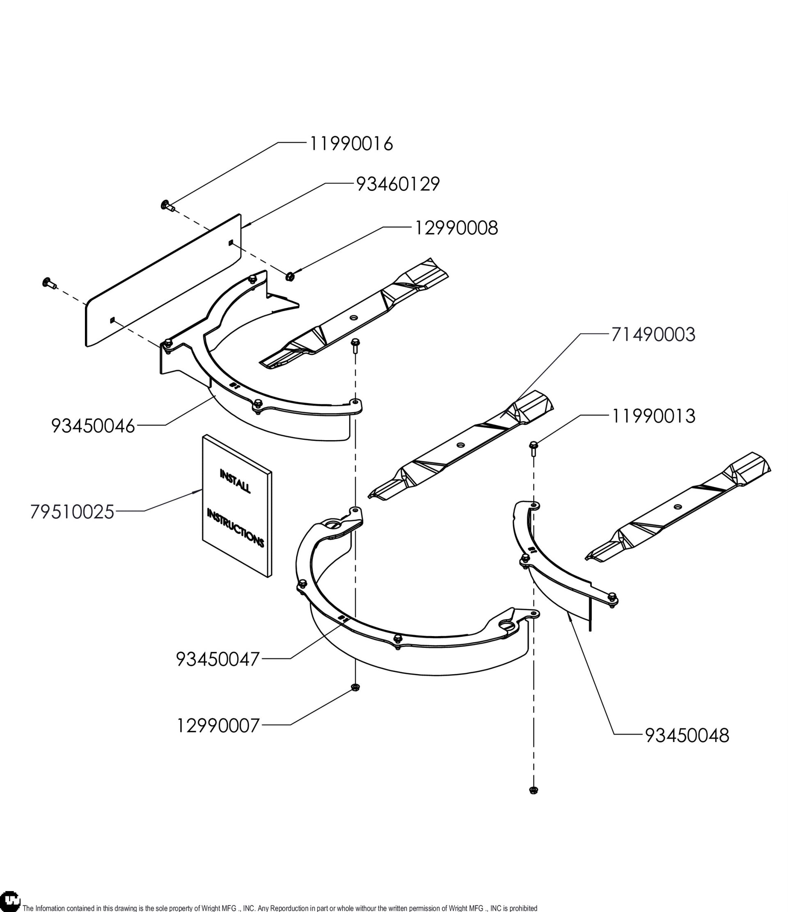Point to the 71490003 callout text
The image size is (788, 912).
(x=653, y=335)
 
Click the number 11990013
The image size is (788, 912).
(x=653, y=416)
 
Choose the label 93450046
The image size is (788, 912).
(x=93, y=426)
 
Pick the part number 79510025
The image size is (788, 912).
(x=73, y=512)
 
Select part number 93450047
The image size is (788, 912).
(x=218, y=659)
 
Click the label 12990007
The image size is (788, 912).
(x=218, y=726)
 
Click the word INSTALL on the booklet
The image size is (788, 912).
(x=236, y=481)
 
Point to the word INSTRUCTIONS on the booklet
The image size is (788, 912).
(x=236, y=528)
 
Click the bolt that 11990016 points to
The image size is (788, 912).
(x=166, y=204)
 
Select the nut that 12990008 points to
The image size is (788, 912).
(x=290, y=276)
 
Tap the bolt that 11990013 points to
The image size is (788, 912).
(x=533, y=446)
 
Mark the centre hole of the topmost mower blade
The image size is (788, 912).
(x=354, y=317)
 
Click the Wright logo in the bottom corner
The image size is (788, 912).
(x=11, y=901)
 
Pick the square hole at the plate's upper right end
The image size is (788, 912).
(x=231, y=242)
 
